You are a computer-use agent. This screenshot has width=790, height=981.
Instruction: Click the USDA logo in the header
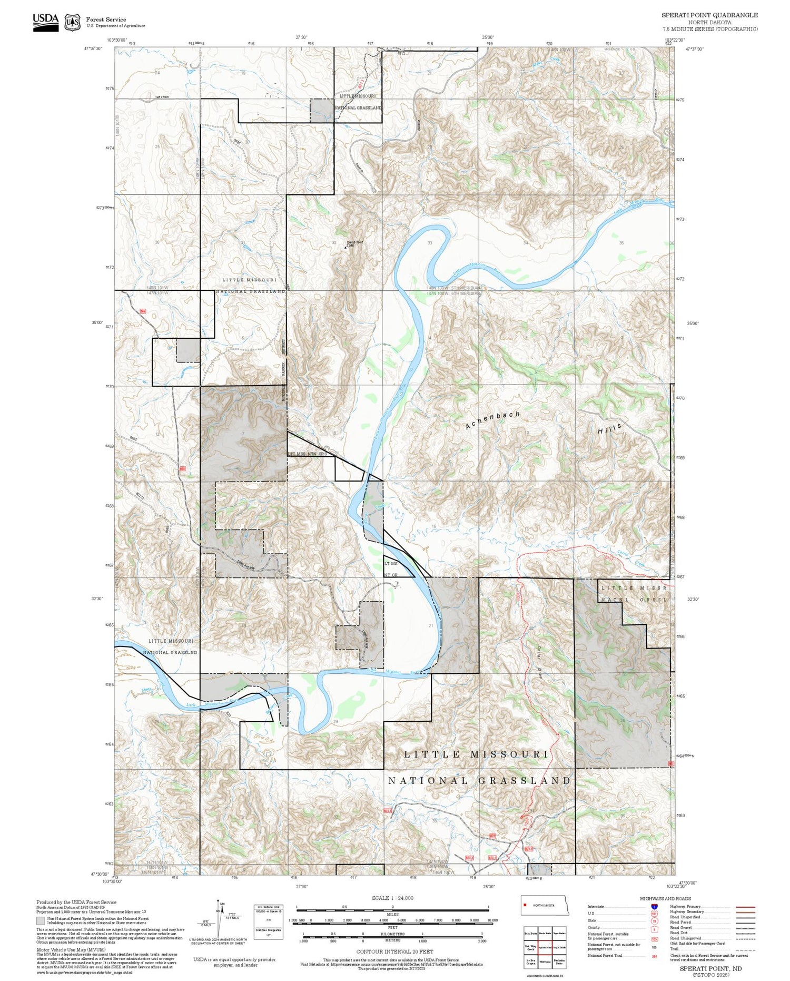45,22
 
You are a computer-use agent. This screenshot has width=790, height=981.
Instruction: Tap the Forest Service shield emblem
72,23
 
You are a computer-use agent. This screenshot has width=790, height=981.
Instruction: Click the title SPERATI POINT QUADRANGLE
709,15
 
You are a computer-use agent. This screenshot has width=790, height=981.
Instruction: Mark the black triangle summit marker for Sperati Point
345,247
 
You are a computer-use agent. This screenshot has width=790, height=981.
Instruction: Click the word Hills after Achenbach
610,428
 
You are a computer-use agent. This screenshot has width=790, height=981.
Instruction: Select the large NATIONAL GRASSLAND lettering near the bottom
479,780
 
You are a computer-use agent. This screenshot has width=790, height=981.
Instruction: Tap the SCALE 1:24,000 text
392,898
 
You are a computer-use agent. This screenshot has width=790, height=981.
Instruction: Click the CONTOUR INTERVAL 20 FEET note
394,951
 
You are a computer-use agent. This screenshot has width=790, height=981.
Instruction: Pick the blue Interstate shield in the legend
654,906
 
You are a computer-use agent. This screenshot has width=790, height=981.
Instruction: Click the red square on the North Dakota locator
525,905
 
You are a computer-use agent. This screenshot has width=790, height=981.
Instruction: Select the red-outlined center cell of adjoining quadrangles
545,947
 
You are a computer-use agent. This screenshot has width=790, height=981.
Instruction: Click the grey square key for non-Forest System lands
41,921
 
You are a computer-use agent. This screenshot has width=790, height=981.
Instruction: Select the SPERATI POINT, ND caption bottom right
710,968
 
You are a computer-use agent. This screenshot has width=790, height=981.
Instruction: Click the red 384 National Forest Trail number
654,956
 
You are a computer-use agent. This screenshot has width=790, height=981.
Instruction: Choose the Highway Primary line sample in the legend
744,907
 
